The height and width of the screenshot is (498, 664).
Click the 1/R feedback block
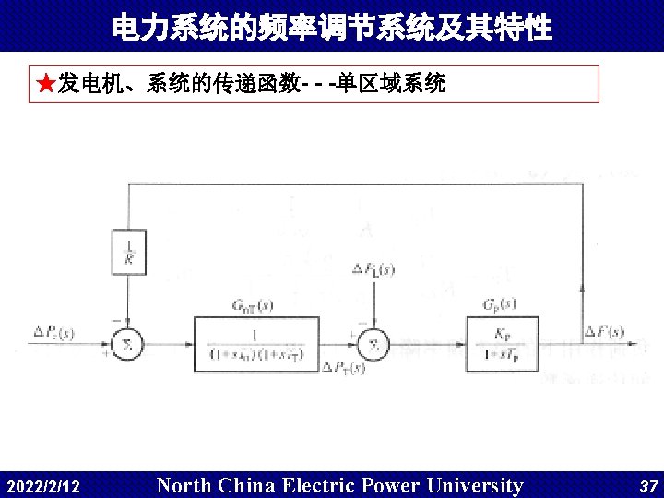point(128,251)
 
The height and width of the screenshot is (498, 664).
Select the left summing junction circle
point(128,344)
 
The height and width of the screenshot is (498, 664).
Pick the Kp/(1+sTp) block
point(503,344)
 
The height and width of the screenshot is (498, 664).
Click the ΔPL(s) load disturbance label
point(373,269)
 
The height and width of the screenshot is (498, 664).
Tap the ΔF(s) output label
point(604,331)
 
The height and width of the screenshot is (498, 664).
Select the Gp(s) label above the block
point(499,303)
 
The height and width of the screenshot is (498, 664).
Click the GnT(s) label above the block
point(252,304)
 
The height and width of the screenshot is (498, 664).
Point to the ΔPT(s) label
point(344,368)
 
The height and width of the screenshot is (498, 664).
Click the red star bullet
point(45,85)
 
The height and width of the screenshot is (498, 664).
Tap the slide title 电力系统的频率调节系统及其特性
point(331,28)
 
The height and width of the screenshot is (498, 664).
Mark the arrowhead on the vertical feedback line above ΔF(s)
point(581,289)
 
